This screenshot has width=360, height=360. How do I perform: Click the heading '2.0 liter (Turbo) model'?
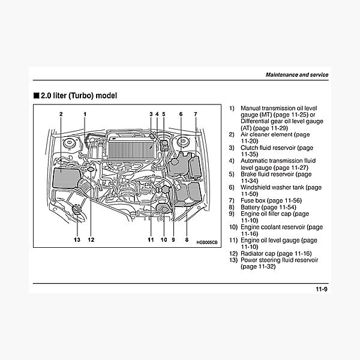pyautogui.click(x=79, y=95)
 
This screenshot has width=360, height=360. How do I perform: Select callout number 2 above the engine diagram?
pyautogui.click(x=61, y=113)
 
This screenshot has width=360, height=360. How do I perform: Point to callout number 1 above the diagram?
pyautogui.click(x=85, y=113)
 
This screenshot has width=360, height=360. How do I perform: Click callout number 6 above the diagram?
pyautogui.click(x=181, y=113)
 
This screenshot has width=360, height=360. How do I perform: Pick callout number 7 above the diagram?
pyautogui.click(x=195, y=113)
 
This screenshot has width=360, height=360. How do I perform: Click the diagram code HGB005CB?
pyautogui.click(x=207, y=242)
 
